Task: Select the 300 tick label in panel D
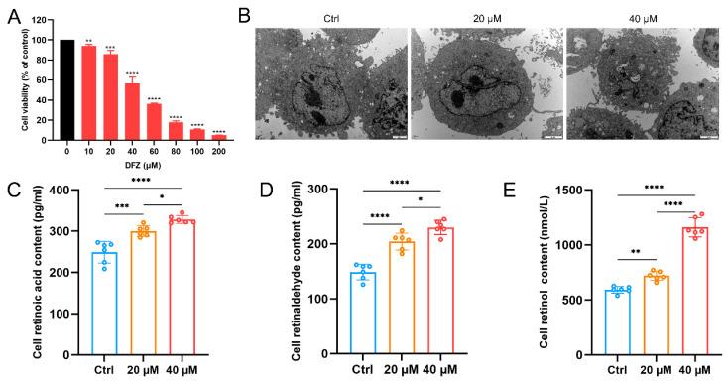305,191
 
